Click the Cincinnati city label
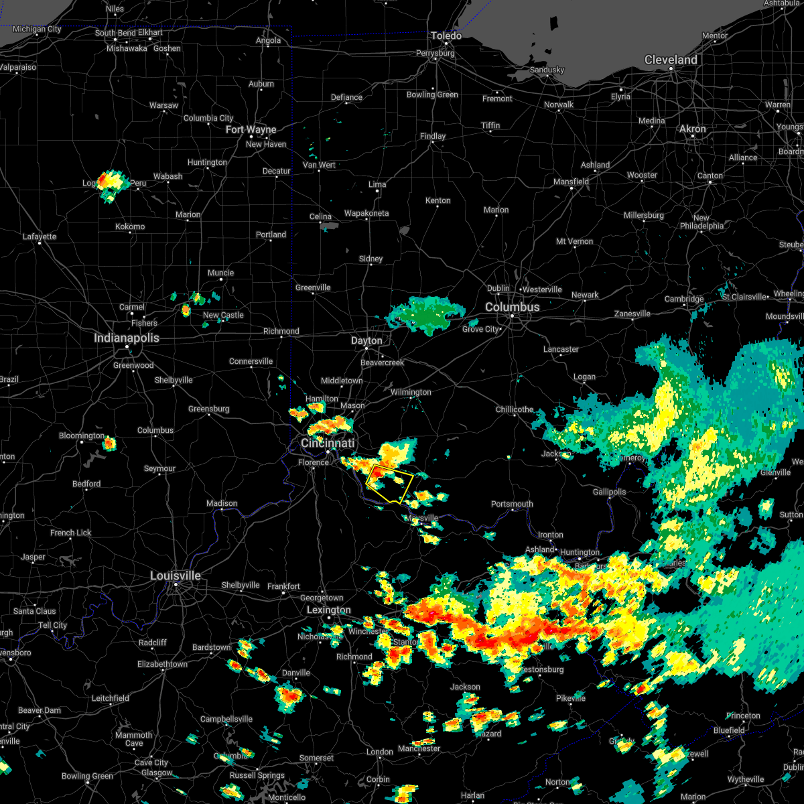(328, 443)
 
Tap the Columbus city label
(512, 307)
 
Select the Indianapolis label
(127, 338)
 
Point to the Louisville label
(176, 576)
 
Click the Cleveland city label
(671, 60)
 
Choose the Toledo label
(446, 36)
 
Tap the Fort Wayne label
(251, 129)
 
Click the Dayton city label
(366, 340)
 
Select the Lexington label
(328, 610)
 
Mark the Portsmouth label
(512, 504)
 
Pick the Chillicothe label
(515, 409)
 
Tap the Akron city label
(693, 129)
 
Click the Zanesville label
(632, 314)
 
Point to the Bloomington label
(82, 435)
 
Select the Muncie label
(220, 273)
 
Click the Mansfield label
(571, 182)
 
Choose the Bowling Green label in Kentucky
(87, 776)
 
